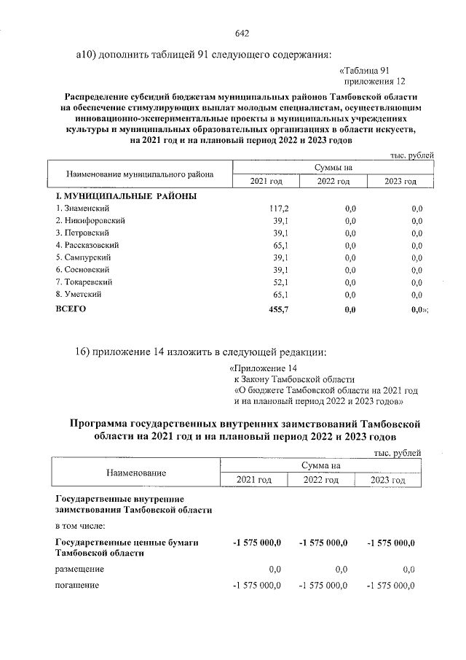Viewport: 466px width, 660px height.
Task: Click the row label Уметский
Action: coord(79,294)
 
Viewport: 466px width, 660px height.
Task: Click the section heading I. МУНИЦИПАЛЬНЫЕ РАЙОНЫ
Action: coord(125,195)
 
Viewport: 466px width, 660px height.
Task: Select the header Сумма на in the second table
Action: coord(320,465)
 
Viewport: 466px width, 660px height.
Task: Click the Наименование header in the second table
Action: coord(136,473)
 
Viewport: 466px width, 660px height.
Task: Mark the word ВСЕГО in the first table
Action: coord(71,309)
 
